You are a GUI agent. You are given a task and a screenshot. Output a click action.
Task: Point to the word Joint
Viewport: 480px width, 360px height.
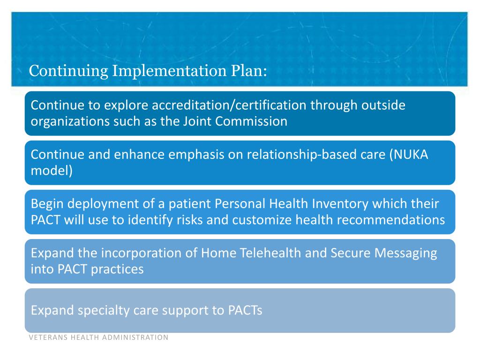pyautogui.click(x=197, y=121)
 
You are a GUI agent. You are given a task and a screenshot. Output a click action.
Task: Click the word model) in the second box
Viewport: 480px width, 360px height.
pyautogui.click(x=52, y=171)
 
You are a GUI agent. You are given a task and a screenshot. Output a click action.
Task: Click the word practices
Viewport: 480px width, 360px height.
pyautogui.click(x=118, y=269)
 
